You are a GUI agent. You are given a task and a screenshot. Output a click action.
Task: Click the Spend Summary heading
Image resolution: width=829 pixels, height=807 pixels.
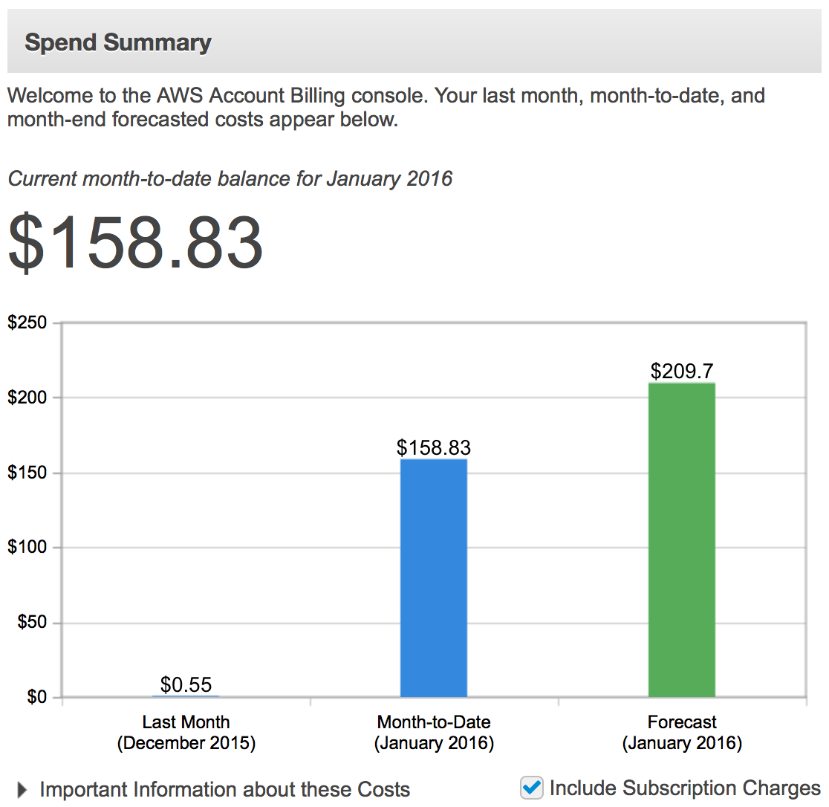tap(118, 42)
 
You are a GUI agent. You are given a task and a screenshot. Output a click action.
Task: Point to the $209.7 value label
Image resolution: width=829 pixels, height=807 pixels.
tap(681, 370)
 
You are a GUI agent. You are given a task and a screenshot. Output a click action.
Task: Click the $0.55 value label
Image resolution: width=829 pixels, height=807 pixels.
tap(186, 684)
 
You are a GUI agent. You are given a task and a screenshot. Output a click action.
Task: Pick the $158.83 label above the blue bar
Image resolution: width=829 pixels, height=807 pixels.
tap(434, 447)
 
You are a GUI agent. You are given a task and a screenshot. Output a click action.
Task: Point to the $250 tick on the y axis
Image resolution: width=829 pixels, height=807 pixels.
tap(27, 323)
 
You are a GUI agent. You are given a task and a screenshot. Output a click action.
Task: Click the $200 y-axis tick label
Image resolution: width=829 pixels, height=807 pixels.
tap(27, 398)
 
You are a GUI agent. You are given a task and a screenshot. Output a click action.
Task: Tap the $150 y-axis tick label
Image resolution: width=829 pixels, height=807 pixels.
tap(27, 473)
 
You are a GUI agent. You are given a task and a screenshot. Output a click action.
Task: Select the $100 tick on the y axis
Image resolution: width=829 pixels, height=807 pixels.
tap(27, 548)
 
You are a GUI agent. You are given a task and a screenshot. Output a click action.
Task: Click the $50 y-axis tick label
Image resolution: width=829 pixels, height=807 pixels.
tap(31, 623)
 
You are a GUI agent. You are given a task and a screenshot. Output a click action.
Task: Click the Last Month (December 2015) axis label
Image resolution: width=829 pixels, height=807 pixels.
tap(186, 733)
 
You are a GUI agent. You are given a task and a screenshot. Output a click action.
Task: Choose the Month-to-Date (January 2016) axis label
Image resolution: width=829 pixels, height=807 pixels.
tap(434, 733)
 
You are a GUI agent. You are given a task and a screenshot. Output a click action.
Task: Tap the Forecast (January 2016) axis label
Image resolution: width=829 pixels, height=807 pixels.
tap(682, 733)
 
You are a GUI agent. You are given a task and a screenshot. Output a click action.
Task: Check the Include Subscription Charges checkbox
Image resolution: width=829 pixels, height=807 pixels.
tap(532, 788)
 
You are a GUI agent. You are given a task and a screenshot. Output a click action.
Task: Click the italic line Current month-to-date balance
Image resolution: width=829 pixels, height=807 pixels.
tap(230, 179)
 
